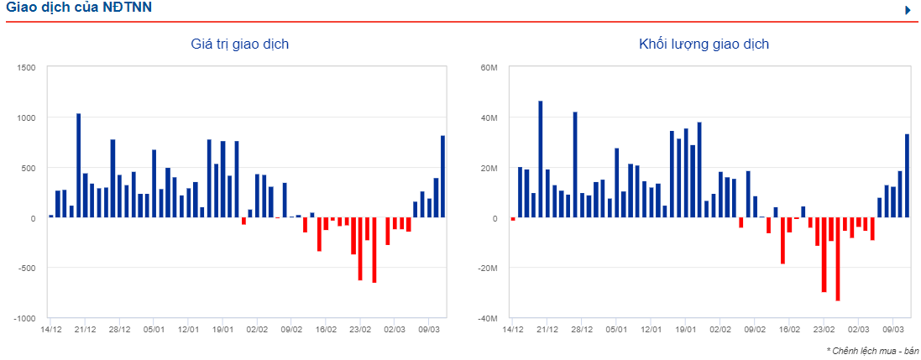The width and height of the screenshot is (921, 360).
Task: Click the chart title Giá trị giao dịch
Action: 240,44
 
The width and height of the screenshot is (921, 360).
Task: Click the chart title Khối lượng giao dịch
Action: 704,44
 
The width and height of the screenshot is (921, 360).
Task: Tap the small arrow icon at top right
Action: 908,10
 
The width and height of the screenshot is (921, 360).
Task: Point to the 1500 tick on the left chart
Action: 26,67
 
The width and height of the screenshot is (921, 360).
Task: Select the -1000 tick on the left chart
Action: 24,319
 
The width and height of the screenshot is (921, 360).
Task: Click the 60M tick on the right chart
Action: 489,67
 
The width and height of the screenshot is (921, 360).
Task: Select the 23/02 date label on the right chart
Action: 824,330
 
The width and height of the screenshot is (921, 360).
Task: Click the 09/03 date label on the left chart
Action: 429,330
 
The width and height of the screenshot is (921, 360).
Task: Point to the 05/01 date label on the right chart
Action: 616,330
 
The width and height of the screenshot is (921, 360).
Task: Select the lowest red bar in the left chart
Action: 374,250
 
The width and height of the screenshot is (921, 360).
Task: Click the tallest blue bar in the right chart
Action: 541,159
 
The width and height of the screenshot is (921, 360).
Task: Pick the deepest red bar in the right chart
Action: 838,259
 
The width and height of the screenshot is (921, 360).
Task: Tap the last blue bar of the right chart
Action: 907,176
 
